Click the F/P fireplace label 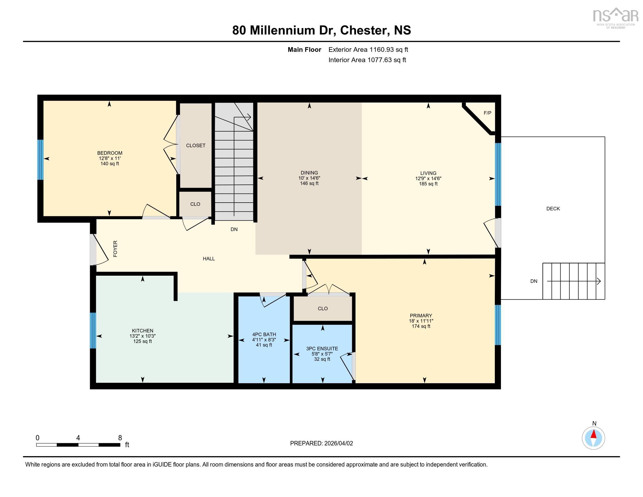[487, 113]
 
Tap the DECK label [553, 209]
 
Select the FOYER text [115, 248]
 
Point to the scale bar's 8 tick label [120, 438]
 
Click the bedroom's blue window [40, 160]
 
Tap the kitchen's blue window [93, 330]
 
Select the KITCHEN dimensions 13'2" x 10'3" [143, 336]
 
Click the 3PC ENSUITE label [322, 348]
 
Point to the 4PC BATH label [264, 334]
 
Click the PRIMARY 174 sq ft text [421, 326]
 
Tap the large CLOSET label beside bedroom [196, 146]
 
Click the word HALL [209, 259]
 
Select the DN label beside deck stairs [534, 281]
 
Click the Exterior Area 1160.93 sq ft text [368, 50]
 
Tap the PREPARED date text [321, 443]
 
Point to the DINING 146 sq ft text [309, 183]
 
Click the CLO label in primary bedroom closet [323, 308]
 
